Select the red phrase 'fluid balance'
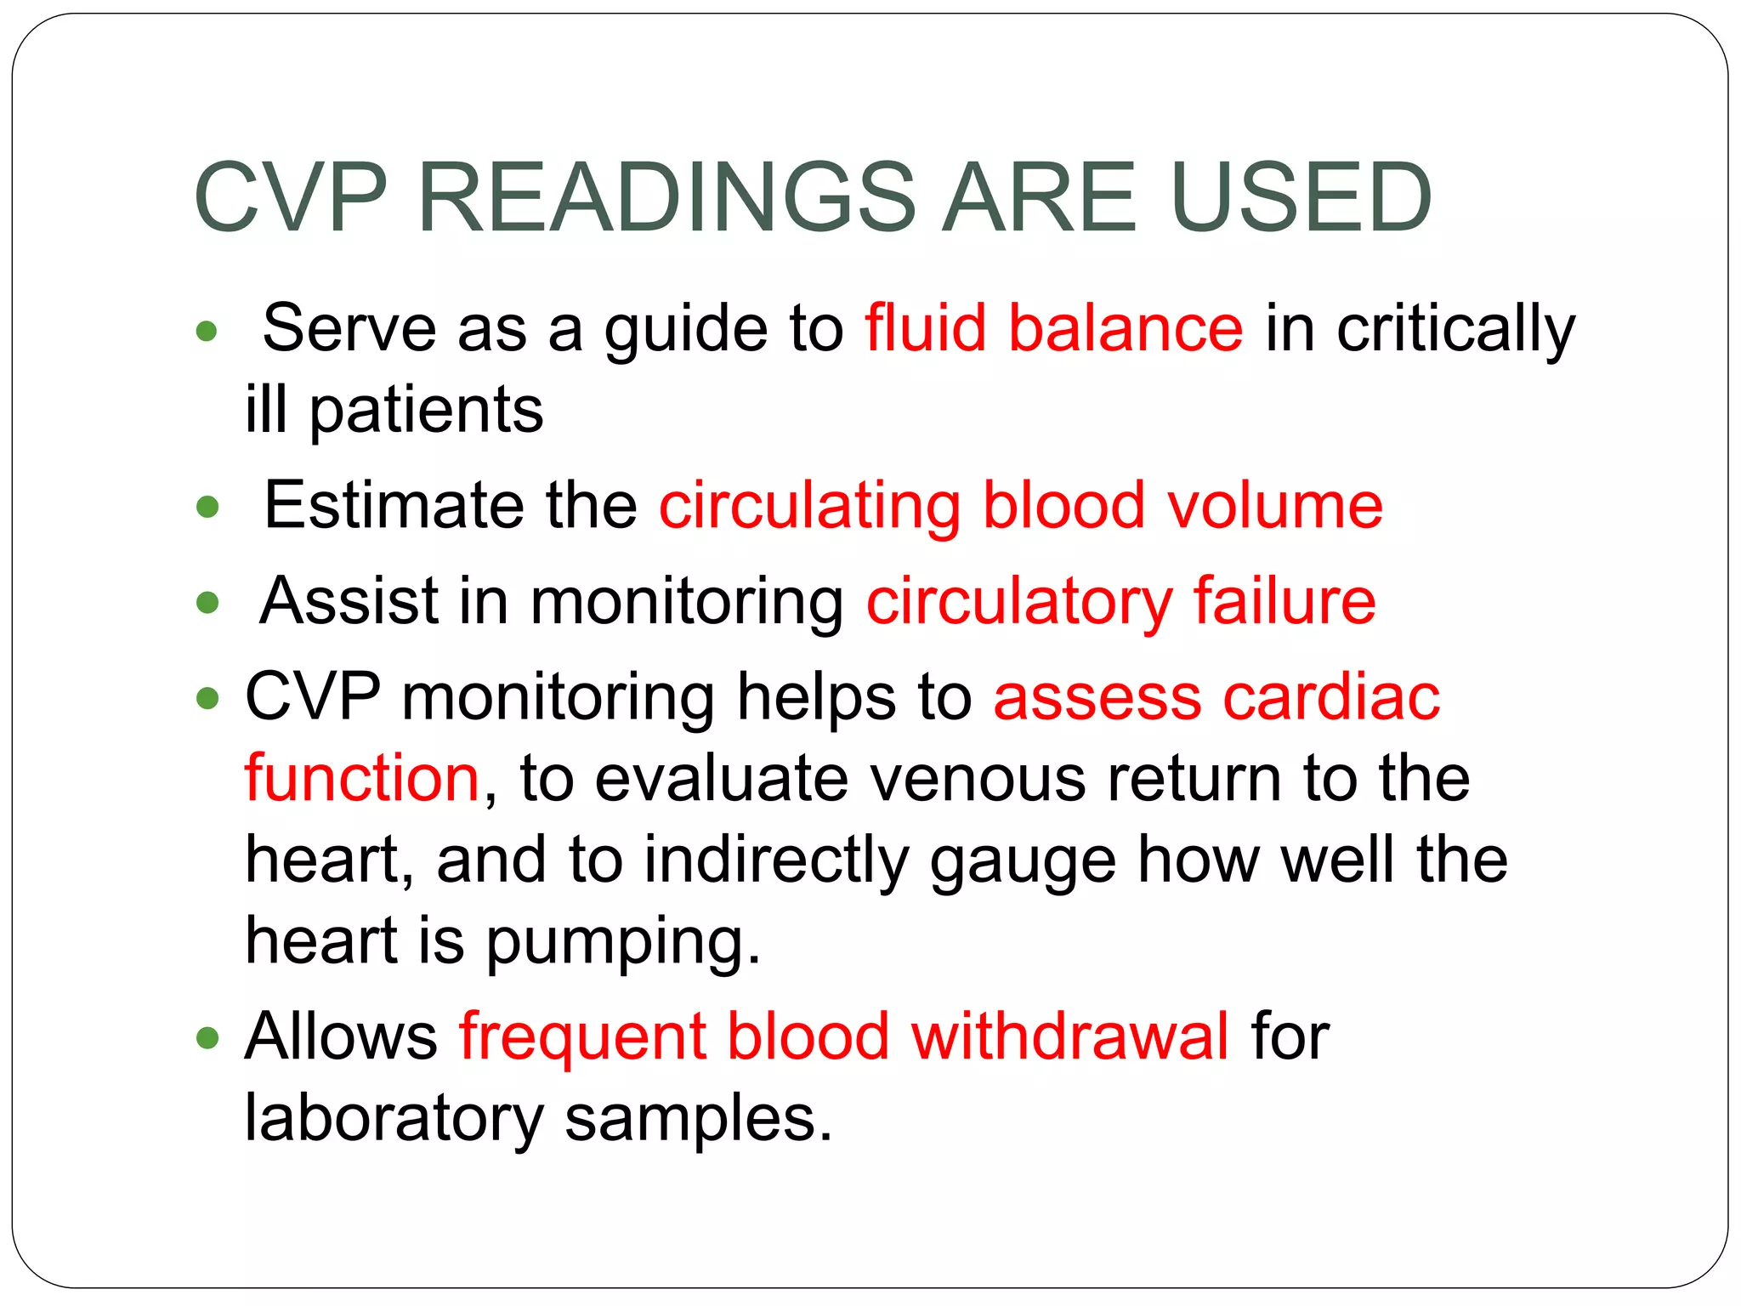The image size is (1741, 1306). click(1054, 328)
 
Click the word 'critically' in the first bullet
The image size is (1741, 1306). click(1455, 330)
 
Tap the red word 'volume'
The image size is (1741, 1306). click(1275, 505)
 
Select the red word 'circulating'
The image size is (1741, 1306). click(809, 507)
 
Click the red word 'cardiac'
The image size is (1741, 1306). click(1331, 696)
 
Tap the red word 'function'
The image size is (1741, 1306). click(362, 778)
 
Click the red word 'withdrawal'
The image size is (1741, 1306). click(1069, 1036)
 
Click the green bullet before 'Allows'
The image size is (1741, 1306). click(207, 1037)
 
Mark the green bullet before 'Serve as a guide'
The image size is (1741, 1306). click(207, 330)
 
